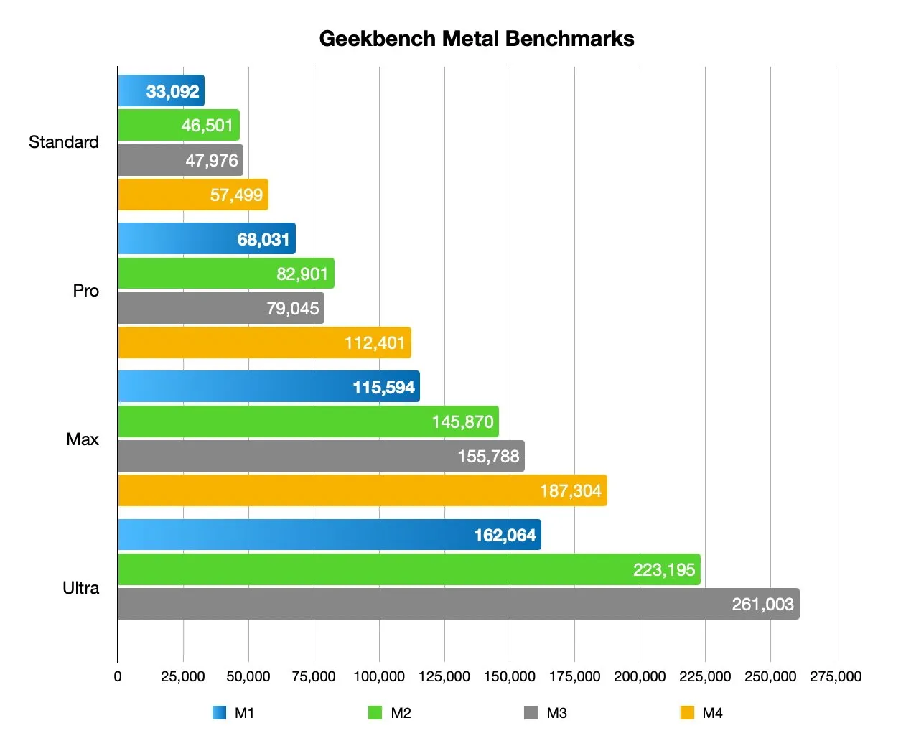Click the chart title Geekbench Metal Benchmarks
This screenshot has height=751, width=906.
pos(476,39)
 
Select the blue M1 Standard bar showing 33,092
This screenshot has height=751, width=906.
pos(161,91)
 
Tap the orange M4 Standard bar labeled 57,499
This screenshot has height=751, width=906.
pos(193,195)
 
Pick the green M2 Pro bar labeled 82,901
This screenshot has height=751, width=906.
pos(225,274)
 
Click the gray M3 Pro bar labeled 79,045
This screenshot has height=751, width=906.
pos(221,308)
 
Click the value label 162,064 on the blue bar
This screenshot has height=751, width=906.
pos(505,536)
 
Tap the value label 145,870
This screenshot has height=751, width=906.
pos(462,422)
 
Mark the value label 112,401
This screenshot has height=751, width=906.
pos(375,343)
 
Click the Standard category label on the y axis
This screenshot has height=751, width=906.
pos(64,142)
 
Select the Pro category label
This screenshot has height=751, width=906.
pos(85,291)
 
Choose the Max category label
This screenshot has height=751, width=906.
pos(83,439)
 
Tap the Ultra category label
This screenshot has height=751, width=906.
pos(80,588)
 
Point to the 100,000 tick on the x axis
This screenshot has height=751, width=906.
pos(379,676)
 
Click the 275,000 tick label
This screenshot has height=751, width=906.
pos(836,676)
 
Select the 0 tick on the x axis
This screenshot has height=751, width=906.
pos(118,676)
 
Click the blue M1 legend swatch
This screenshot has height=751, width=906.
pos(219,713)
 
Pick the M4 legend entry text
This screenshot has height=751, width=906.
pos(712,713)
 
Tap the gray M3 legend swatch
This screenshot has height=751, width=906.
pos(531,713)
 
